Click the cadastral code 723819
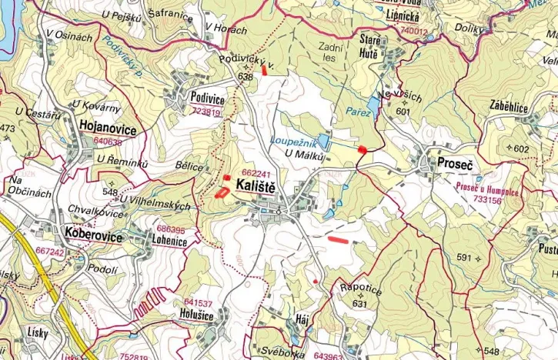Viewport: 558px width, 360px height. (205, 112)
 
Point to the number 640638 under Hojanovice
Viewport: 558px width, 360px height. (107, 142)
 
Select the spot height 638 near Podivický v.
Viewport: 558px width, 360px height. (246, 78)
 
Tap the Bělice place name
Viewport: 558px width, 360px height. (189, 167)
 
